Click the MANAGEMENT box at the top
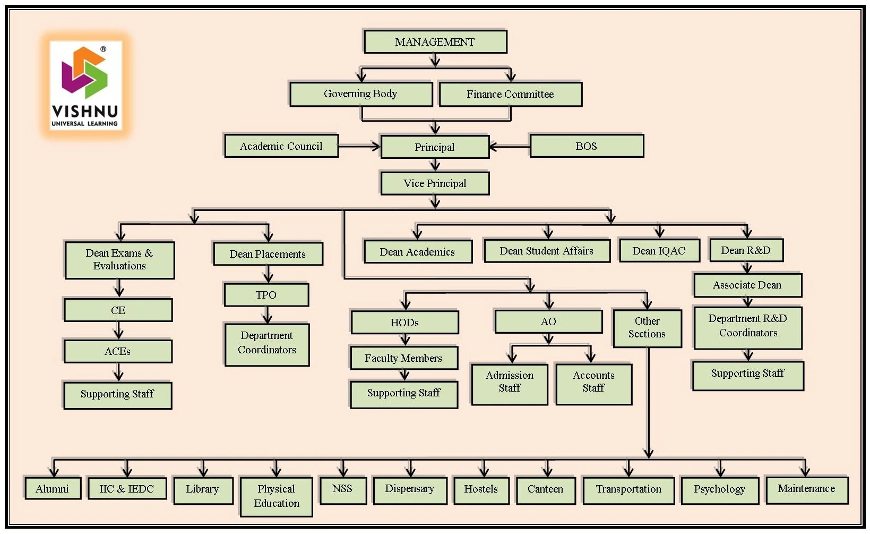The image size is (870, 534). pos(435,42)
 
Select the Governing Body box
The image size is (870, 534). pos(360,94)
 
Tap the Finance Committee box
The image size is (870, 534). pos(510,94)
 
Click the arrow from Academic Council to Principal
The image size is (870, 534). pos(359,146)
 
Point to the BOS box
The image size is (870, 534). pos(587,146)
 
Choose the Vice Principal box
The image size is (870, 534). pos(435,183)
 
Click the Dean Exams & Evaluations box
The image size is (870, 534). pos(119,260)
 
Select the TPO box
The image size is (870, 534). pos(266,295)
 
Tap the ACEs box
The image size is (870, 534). pos(118,351)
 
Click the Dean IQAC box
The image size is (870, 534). pos(659,251)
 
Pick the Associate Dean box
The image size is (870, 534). pos(747,285)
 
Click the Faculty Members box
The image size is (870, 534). pos(403,358)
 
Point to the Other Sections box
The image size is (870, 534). pos(647,328)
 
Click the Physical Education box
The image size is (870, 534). pos(276,496)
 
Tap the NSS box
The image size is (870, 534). pos(342,489)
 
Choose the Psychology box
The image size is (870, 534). pos(719,489)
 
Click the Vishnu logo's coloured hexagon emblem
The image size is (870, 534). pos(85,73)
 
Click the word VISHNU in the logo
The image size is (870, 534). pos(85,112)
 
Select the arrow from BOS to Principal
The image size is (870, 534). pos(509,146)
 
